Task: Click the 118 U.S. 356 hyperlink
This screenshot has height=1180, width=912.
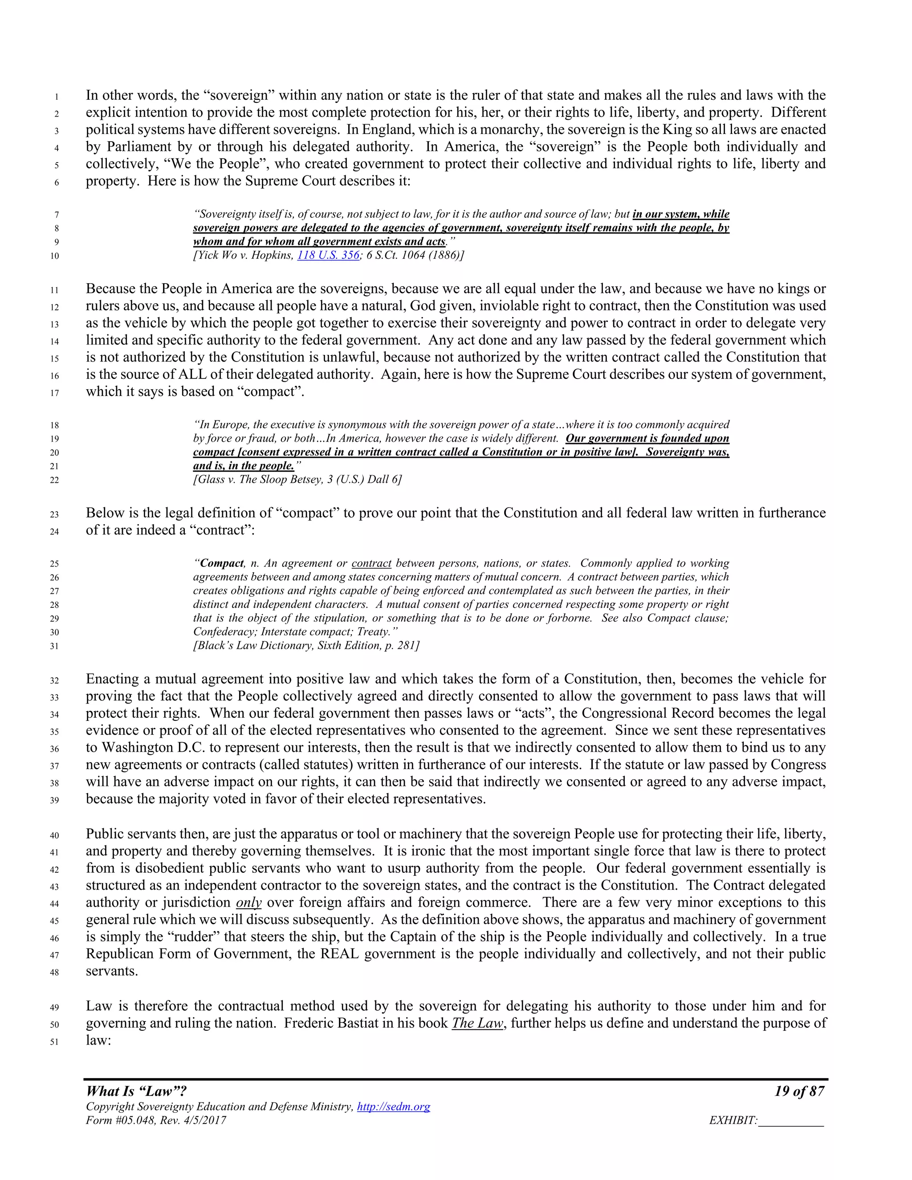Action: point(328,255)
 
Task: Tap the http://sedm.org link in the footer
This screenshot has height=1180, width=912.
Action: point(393,1107)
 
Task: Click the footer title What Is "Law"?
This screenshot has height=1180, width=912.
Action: point(136,1091)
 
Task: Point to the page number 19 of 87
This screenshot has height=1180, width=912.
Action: point(799,1091)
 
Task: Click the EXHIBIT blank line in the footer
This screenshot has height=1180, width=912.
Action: point(791,1122)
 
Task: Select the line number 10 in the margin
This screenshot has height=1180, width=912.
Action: point(55,256)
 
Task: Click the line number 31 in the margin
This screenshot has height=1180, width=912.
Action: point(55,646)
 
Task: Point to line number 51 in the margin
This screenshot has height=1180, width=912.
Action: point(55,1041)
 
